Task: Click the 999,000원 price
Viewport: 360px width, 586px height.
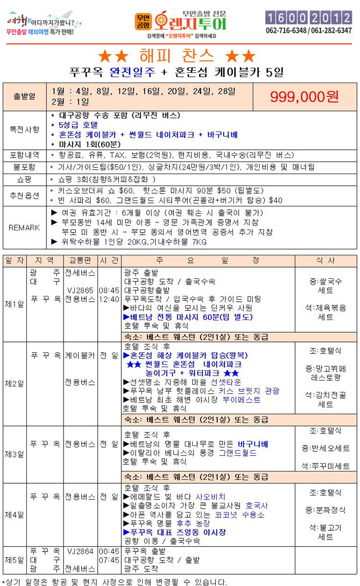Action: (304, 96)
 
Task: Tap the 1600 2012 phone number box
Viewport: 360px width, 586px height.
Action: (308, 18)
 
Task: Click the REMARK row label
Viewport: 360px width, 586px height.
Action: (24, 227)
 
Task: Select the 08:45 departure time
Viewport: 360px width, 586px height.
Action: (109, 290)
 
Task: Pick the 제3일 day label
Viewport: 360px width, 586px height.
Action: (14, 454)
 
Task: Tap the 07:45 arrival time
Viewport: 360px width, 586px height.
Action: (109, 560)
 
